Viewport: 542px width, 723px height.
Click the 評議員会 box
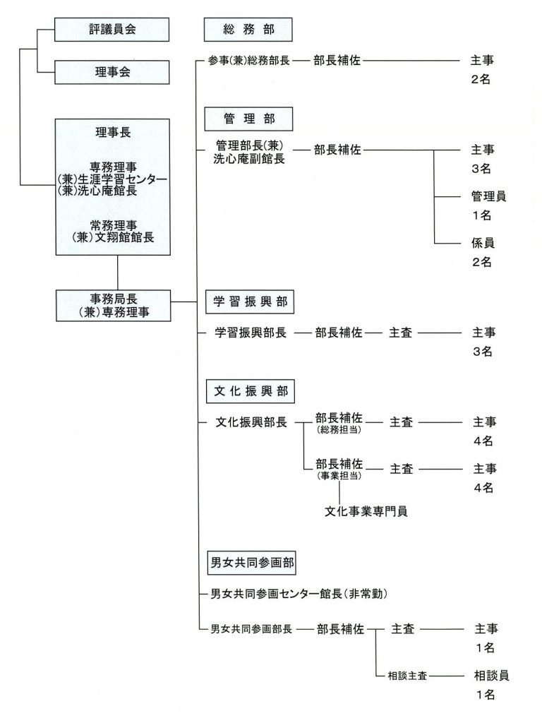112,30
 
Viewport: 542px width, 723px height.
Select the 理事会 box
112,72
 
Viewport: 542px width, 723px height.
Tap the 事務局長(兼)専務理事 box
114,306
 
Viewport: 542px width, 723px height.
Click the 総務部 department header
248,30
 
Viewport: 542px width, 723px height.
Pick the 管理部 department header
249,119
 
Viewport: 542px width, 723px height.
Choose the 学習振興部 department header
250,302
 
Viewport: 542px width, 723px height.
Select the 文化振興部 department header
251,391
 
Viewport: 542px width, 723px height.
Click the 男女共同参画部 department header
252,563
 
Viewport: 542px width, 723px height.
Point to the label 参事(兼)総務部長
249,61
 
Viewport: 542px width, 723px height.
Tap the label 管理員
488,196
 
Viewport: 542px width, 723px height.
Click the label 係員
483,243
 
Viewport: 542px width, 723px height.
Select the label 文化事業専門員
366,511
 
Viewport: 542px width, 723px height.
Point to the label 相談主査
407,676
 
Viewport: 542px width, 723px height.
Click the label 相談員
492,676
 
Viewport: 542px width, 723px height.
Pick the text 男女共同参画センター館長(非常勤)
299,594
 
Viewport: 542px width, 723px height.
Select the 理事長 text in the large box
113,132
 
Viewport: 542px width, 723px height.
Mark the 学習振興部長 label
251,333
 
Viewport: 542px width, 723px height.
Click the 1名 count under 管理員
481,215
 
